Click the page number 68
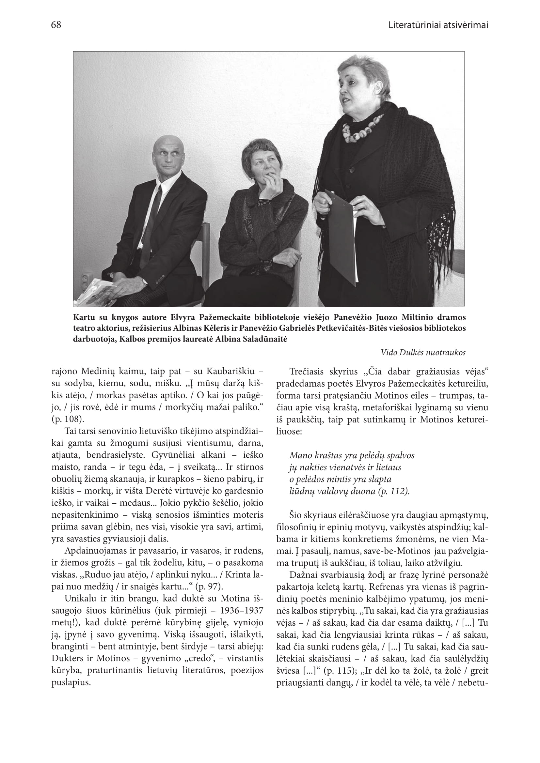click(x=56, y=25)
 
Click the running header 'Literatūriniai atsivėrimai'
click(x=438, y=25)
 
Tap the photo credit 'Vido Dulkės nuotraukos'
click(x=423, y=353)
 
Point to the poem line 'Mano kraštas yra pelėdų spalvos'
click(x=352, y=455)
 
